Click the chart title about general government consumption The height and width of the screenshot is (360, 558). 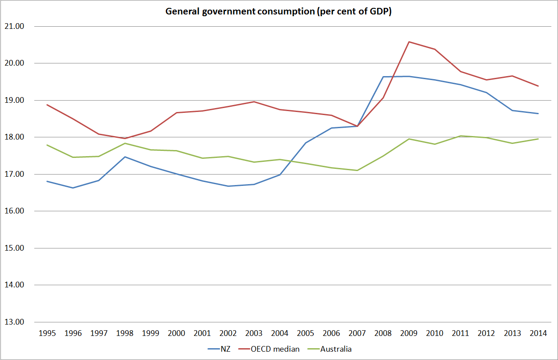[x=278, y=12]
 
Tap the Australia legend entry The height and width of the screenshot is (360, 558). [x=336, y=349]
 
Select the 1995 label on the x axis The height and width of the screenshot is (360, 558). [x=47, y=333]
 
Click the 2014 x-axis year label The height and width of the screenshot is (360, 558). [x=538, y=333]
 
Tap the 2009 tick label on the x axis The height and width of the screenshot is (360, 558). [x=409, y=333]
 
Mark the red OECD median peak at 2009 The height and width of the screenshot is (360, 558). [x=409, y=42]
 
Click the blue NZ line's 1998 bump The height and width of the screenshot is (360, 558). [x=125, y=157]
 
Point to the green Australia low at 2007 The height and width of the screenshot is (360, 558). [x=357, y=170]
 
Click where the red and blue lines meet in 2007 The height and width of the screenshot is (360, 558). [x=357, y=126]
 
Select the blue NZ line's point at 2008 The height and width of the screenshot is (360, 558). [x=383, y=77]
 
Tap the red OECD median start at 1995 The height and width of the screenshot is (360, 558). [x=47, y=105]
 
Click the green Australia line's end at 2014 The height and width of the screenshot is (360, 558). [x=538, y=139]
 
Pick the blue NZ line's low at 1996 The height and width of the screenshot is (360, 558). [x=73, y=188]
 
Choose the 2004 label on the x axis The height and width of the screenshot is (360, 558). [x=280, y=333]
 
